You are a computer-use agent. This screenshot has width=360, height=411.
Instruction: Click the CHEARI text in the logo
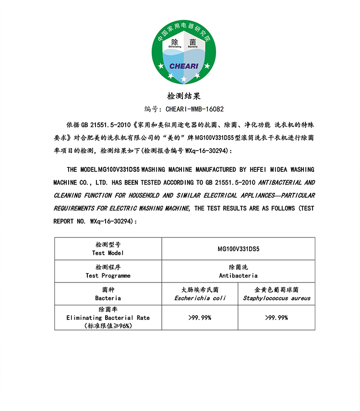coord(186,66)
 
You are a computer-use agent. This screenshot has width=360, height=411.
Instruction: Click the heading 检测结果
coord(180,96)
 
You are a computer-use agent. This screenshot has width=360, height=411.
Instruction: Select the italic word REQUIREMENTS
coord(73,209)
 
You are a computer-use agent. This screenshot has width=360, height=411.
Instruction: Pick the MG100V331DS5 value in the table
coord(238,249)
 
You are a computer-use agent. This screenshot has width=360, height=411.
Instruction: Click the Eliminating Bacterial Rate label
coord(108,317)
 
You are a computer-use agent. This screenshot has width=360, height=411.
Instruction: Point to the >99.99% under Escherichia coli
coord(200,317)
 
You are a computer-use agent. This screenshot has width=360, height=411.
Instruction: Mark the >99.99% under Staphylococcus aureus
coord(276,317)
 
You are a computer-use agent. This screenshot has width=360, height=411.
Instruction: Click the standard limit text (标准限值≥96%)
coord(108,326)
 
